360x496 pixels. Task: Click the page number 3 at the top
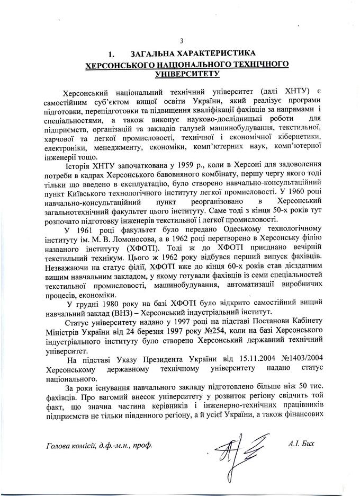point(182,41)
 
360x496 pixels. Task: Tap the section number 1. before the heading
point(111,54)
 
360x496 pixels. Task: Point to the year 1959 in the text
point(164,162)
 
